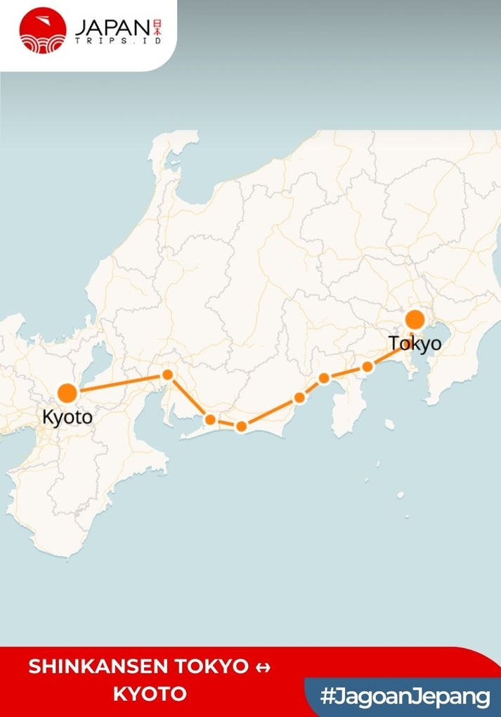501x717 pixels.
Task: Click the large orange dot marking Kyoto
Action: click(x=67, y=393)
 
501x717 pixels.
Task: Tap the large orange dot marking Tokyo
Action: click(x=415, y=320)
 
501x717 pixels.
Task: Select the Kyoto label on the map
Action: click(x=67, y=417)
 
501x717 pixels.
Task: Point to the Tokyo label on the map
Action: click(x=415, y=344)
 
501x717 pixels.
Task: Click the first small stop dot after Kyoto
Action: click(x=168, y=375)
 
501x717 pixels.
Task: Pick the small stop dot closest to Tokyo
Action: click(x=367, y=366)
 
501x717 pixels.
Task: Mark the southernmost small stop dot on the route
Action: click(x=241, y=426)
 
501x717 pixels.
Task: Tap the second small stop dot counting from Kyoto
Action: click(x=210, y=420)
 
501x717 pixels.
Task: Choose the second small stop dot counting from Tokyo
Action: click(x=324, y=378)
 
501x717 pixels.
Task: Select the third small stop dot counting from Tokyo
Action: click(x=299, y=398)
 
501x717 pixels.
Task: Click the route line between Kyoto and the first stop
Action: click(x=119, y=383)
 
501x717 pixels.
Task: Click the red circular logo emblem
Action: click(x=43, y=30)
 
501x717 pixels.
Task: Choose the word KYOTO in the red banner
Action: click(x=150, y=695)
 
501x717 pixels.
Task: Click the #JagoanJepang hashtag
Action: click(x=405, y=697)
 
